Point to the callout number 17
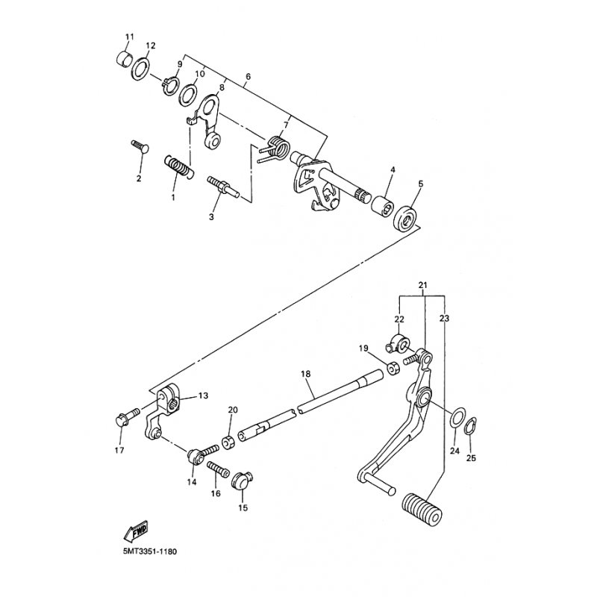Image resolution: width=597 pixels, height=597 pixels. [x=119, y=451]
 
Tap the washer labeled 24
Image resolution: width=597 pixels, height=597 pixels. [x=457, y=416]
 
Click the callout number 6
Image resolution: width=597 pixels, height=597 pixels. [x=248, y=77]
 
